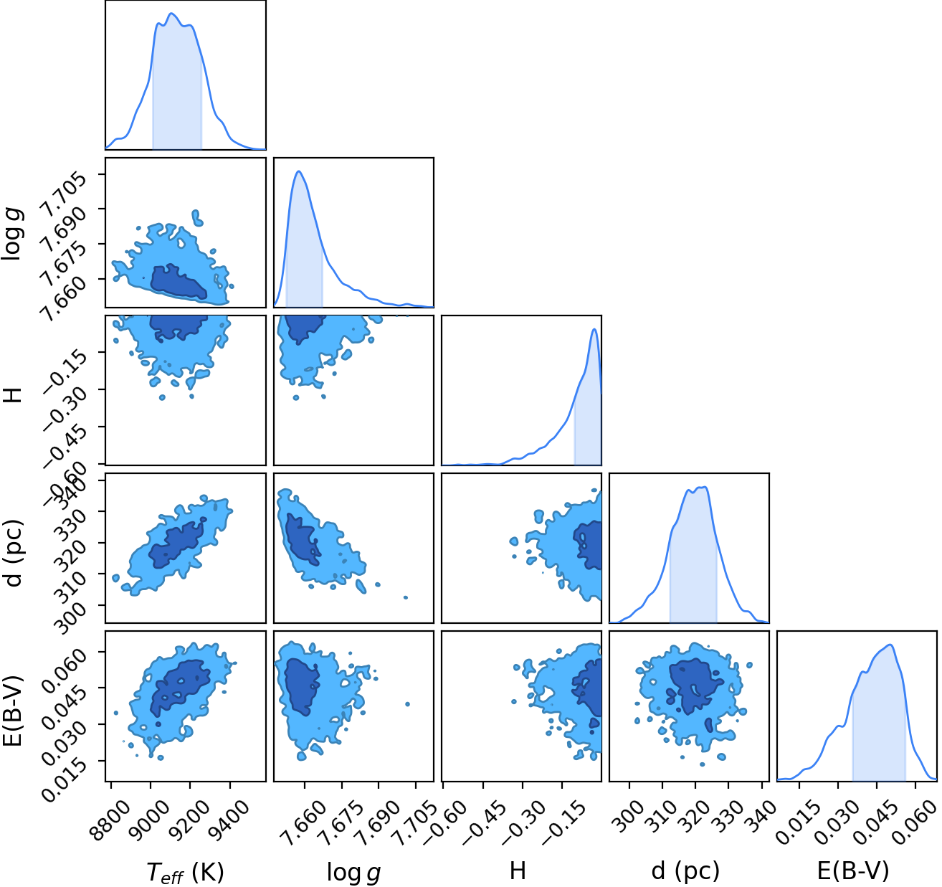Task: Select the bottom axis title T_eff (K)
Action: click(x=185, y=872)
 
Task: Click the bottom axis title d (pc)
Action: click(x=685, y=871)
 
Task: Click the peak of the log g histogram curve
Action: click(x=298, y=171)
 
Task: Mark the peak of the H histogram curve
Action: click(x=594, y=329)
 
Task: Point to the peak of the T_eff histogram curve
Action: click(x=172, y=14)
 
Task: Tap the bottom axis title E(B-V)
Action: click(x=853, y=871)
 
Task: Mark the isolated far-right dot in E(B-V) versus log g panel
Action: click(x=407, y=704)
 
